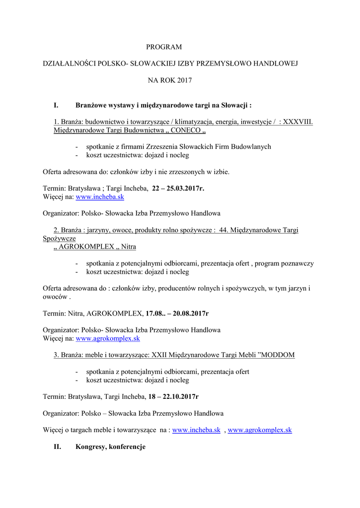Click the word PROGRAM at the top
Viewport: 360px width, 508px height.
[x=164, y=47]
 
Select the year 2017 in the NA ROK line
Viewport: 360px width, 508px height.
[x=183, y=80]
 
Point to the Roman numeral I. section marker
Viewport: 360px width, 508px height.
[x=56, y=105]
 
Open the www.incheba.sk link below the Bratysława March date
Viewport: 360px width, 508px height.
[x=99, y=196]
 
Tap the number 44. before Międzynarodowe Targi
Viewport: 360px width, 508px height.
[x=223, y=230]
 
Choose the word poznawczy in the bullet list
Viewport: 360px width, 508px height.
[x=298, y=263]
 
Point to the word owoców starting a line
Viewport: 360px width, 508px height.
[x=54, y=297]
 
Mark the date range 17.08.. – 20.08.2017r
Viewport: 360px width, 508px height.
[x=177, y=314]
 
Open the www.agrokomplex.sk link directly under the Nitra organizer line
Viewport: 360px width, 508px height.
[x=107, y=338]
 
